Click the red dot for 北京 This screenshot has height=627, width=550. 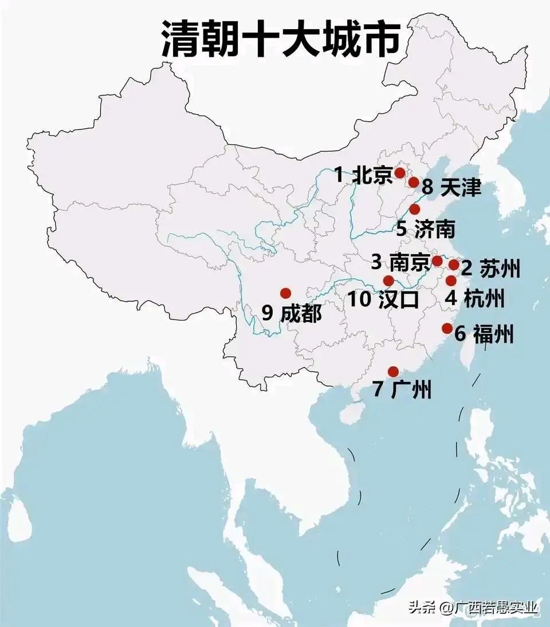(x=400, y=172)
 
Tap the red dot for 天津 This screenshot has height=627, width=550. (x=414, y=182)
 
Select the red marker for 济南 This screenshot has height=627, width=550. (x=414, y=209)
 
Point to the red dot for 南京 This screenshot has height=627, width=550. (x=437, y=261)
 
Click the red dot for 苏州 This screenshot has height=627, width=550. (x=453, y=265)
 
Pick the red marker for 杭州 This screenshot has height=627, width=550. (x=451, y=281)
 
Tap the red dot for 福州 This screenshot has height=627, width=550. (x=447, y=328)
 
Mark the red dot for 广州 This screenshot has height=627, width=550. (x=393, y=371)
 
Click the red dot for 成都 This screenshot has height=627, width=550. (x=285, y=293)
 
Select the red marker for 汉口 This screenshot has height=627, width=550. (x=388, y=281)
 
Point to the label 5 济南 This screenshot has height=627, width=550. (x=426, y=229)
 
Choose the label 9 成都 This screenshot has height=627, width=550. (x=292, y=313)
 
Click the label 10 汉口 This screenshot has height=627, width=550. (x=383, y=299)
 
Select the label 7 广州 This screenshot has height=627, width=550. (x=402, y=391)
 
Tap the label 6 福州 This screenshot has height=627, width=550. (x=484, y=334)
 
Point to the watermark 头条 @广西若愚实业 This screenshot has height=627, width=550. (x=473, y=608)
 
